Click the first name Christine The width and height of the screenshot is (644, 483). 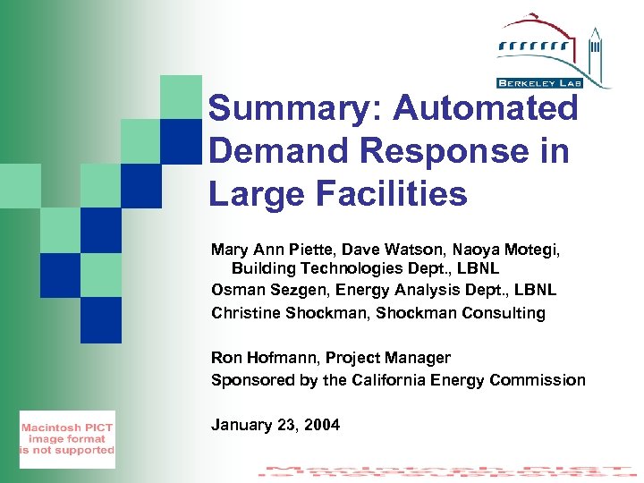pyautogui.click(x=245, y=313)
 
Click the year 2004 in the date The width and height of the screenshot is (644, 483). pyautogui.click(x=322, y=425)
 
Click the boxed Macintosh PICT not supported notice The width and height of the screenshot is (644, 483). pyautogui.click(x=68, y=439)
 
